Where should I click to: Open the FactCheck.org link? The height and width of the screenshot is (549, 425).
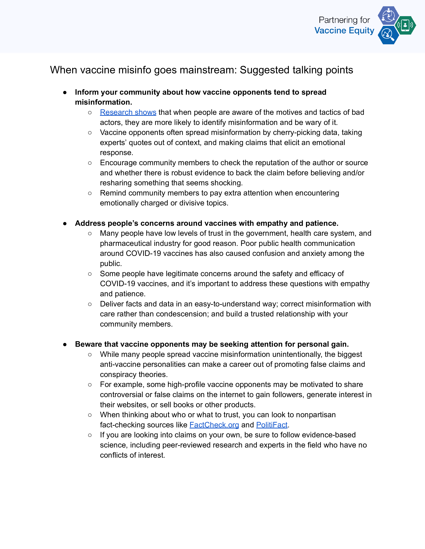214,425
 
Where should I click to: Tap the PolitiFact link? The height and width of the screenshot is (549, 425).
272,425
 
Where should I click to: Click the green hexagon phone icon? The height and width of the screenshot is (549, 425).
405,25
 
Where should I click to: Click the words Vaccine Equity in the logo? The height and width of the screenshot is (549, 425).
344,31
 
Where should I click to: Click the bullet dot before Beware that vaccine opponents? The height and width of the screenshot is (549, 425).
65,344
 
